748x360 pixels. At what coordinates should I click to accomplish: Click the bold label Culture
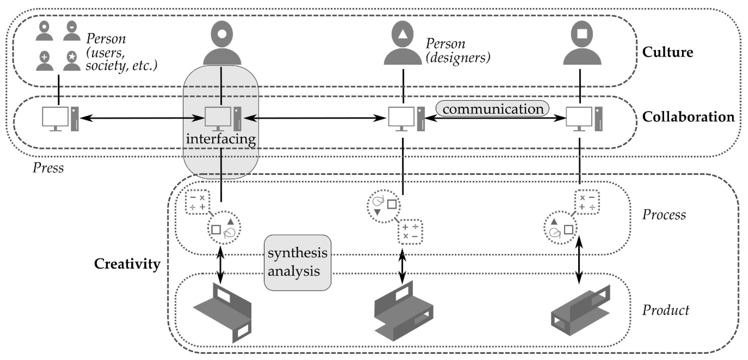667,52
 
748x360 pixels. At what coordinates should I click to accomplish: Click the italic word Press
48,168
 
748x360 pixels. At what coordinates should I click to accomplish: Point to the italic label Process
664,215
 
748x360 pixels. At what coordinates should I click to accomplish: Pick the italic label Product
666,310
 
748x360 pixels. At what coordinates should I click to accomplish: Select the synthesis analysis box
297,262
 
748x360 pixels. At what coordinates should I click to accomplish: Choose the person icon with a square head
582,43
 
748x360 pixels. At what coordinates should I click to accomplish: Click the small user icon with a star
72,61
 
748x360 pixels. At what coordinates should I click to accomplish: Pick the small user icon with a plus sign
44,61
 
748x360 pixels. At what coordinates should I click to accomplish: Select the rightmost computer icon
584,119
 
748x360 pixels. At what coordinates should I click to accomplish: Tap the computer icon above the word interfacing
223,119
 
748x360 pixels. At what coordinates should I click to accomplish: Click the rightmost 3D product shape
580,310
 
